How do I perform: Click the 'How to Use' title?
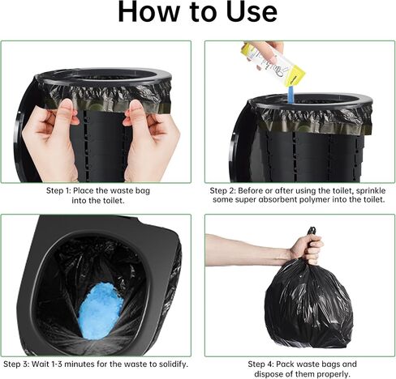pos(198,12)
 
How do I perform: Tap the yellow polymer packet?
pos(273,64)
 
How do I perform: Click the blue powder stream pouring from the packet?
pos(291,95)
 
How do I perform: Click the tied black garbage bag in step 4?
pos(308,302)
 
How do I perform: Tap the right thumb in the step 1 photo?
pos(135,113)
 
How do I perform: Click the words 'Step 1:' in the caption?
pos(58,191)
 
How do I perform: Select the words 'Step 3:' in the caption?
pos(16,364)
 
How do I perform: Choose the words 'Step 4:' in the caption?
pos(260,364)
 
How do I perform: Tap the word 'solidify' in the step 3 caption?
pos(169,364)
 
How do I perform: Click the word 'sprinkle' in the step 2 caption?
pos(371,191)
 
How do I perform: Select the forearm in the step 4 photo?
pos(247,249)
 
